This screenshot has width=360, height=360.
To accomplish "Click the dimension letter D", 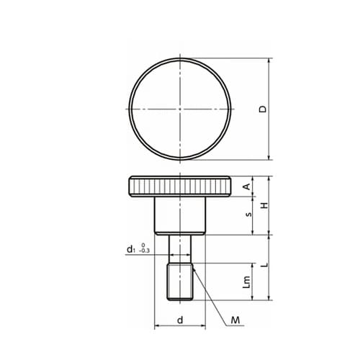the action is [x=263, y=109].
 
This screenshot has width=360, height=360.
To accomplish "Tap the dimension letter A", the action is [x=247, y=186].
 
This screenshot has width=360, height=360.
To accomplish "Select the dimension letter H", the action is [x=264, y=205].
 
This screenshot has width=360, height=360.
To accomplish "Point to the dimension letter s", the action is [x=249, y=215].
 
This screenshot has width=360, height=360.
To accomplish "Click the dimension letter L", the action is [x=264, y=265].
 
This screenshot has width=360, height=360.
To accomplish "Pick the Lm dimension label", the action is [x=247, y=282].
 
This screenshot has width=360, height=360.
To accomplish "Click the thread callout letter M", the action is [x=235, y=320].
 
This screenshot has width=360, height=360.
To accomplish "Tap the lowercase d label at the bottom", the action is [x=180, y=320].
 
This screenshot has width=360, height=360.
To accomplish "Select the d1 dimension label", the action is [x=130, y=249].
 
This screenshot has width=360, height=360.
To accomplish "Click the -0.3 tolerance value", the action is [x=144, y=251].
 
